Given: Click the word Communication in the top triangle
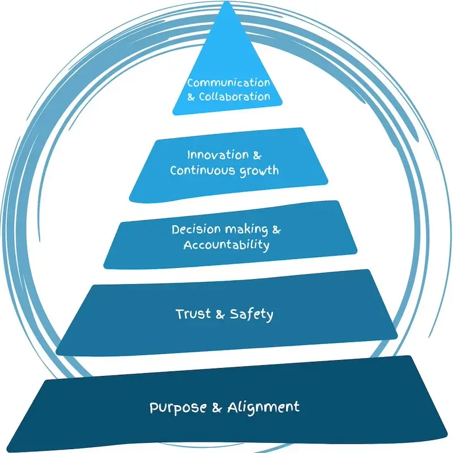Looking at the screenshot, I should click(229, 83).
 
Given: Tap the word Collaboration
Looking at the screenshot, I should click(234, 97).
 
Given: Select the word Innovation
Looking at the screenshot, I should click(209, 155).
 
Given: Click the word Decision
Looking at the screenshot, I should click(193, 230).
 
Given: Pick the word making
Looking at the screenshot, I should click(243, 230).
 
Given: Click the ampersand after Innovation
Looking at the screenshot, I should click(258, 155).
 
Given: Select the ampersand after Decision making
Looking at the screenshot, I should click(276, 230).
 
